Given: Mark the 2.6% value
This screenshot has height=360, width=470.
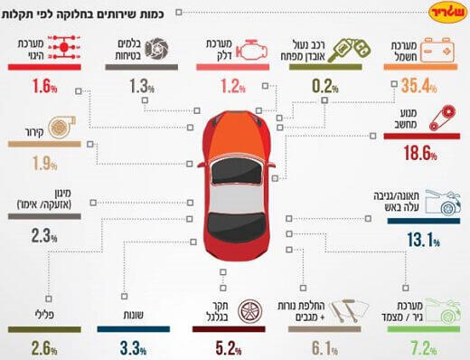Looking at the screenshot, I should [x=42, y=346].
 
